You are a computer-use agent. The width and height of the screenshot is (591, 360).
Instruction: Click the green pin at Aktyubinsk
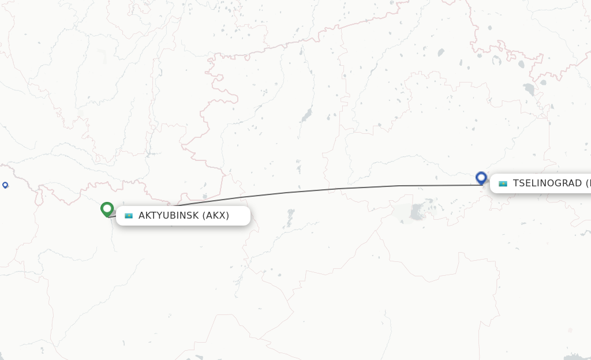107,209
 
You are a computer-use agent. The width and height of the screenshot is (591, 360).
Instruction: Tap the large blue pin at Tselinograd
481,178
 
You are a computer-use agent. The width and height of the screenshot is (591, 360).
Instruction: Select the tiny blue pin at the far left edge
5,185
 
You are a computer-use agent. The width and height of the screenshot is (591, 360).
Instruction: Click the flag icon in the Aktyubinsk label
129,216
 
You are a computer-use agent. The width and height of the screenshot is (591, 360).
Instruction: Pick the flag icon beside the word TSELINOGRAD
503,183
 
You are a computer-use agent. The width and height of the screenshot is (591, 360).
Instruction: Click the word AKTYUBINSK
169,216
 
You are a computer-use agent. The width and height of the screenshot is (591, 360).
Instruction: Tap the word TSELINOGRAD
547,183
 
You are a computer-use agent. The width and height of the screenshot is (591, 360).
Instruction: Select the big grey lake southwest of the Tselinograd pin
416,212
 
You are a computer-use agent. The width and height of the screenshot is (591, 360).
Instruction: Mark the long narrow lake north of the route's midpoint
306,115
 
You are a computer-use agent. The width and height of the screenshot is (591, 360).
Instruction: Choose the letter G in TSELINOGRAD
560,183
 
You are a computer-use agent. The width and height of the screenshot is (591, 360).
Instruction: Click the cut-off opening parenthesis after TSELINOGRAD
588,183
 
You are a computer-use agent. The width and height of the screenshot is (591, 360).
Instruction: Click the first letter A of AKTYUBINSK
142,216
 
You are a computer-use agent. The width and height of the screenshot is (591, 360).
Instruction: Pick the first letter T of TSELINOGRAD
516,183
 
